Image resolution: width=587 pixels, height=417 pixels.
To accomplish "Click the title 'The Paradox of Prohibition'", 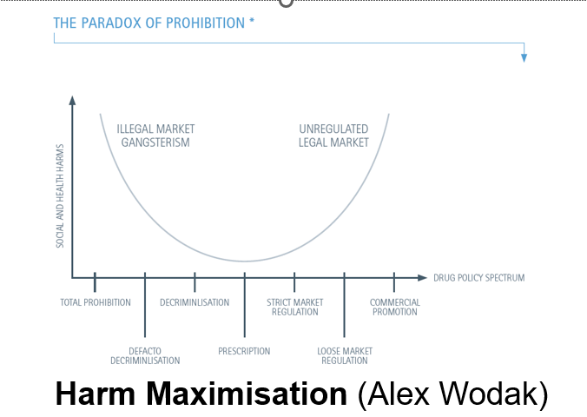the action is (x=149, y=23).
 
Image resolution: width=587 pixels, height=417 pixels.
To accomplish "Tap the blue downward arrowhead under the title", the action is (x=524, y=57).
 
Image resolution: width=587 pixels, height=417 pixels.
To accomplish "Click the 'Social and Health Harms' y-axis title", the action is (x=60, y=196).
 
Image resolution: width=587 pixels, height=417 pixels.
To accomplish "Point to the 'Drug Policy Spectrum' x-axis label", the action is (x=478, y=278).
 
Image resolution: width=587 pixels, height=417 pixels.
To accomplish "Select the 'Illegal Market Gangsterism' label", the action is (x=155, y=136).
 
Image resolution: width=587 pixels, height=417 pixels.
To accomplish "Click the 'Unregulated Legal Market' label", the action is (x=333, y=136).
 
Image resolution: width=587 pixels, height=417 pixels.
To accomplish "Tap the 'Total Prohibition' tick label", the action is (x=96, y=302).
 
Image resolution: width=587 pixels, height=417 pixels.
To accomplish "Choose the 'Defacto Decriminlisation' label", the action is (x=145, y=356).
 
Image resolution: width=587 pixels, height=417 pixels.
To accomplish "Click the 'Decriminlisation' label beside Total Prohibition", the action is (x=195, y=302).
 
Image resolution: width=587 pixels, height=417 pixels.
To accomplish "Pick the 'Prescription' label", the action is (x=244, y=351).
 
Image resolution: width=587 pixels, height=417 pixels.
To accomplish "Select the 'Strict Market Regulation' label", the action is (x=295, y=308).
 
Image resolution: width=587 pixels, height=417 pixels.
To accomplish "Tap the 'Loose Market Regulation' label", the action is (x=345, y=356).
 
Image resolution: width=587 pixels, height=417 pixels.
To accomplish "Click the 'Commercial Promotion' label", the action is (x=395, y=308).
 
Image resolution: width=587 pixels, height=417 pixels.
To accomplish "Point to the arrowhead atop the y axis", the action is (x=72, y=101).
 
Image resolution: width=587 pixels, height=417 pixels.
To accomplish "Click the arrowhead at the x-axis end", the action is (x=422, y=278).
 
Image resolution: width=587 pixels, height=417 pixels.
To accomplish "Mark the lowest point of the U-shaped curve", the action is (x=245, y=261).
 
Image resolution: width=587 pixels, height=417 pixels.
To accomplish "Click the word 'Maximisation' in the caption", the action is (x=247, y=394).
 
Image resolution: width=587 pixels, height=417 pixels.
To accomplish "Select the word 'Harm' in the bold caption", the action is (x=96, y=394).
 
